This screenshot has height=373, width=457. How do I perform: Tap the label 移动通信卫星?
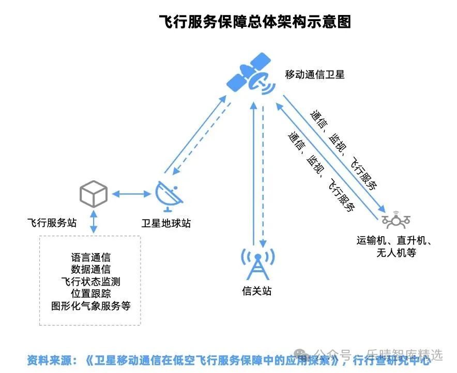[x=314, y=74]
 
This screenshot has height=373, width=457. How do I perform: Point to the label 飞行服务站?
[x=52, y=223]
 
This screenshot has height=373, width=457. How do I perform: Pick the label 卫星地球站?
[x=166, y=224]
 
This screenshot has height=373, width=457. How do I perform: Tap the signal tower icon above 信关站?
[x=257, y=263]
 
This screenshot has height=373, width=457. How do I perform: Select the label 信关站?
[x=257, y=291]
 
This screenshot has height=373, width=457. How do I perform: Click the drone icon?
[x=396, y=220]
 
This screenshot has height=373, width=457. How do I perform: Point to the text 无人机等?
[x=397, y=253]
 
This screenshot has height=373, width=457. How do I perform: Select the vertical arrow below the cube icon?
[x=94, y=221]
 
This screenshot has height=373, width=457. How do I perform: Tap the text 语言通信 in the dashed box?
[x=90, y=257]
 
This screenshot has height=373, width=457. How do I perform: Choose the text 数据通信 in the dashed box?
[x=90, y=269]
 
